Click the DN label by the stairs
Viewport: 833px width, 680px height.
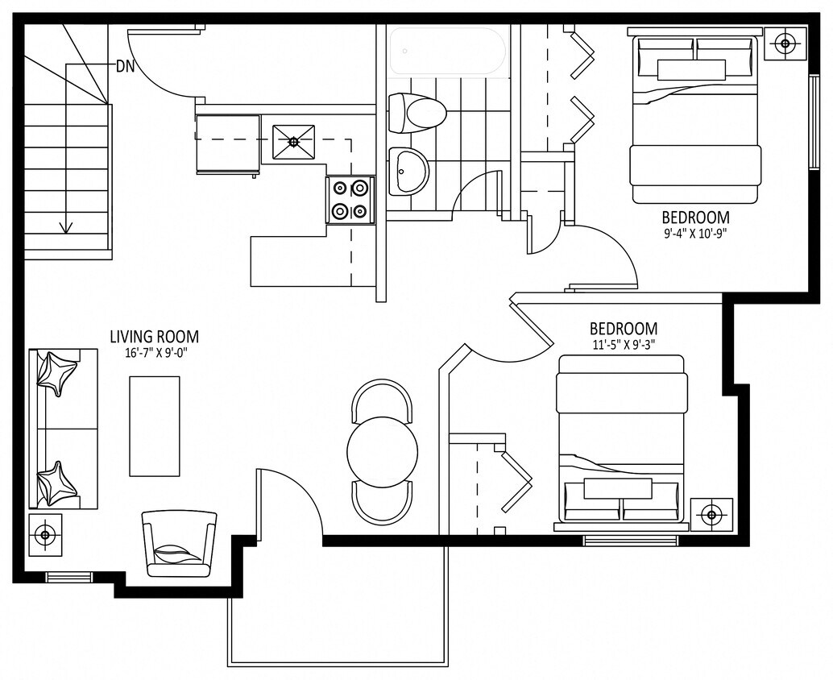[126, 66]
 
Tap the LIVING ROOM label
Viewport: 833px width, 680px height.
[155, 337]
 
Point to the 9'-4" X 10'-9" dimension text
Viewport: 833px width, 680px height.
[695, 233]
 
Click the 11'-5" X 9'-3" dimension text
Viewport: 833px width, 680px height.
[624, 344]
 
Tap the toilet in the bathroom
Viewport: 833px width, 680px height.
[416, 113]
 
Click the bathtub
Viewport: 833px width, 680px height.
[450, 52]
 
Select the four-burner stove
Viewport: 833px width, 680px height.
[350, 200]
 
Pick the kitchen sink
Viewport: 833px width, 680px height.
[293, 143]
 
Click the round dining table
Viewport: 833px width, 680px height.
[382, 450]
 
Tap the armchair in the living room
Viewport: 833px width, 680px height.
[180, 544]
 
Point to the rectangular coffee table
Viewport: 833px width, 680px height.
[155, 427]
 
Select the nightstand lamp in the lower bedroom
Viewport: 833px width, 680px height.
[711, 514]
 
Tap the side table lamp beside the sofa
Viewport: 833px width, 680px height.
[45, 534]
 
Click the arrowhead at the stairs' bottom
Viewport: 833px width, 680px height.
[66, 227]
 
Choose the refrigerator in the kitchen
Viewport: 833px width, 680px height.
[228, 144]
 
